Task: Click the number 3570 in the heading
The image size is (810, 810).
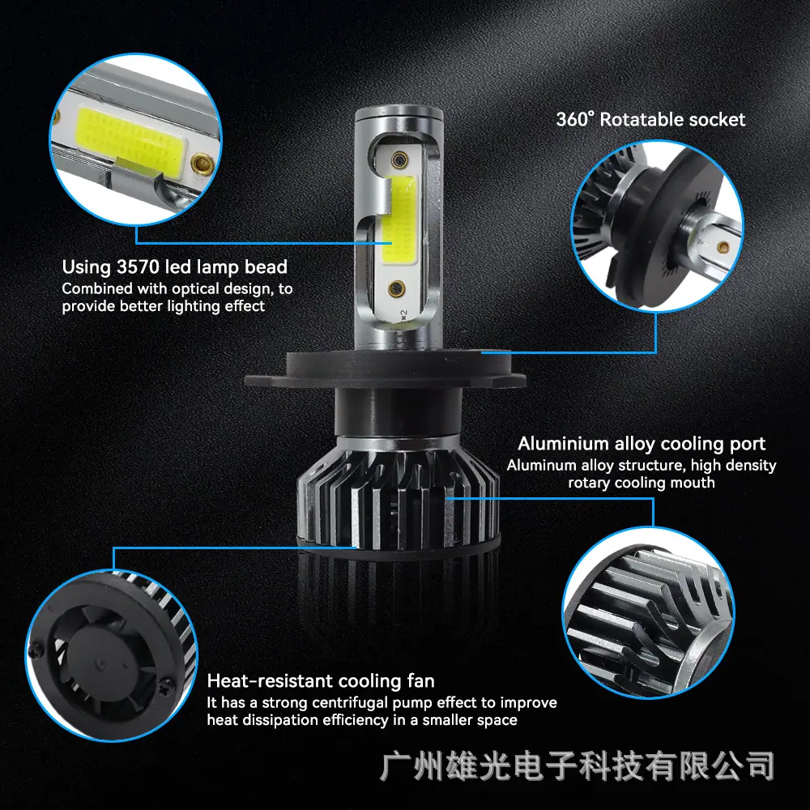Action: tap(139, 267)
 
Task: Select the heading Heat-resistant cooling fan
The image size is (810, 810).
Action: tap(321, 681)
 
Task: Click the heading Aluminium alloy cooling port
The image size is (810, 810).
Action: tap(642, 444)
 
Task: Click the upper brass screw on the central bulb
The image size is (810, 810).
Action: tap(399, 160)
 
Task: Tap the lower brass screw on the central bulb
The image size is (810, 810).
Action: tap(397, 287)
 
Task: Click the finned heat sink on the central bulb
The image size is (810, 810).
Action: tap(399, 496)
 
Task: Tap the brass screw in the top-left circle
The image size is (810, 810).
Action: tap(202, 164)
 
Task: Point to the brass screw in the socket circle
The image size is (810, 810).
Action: tap(723, 247)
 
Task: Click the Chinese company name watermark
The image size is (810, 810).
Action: tap(577, 766)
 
